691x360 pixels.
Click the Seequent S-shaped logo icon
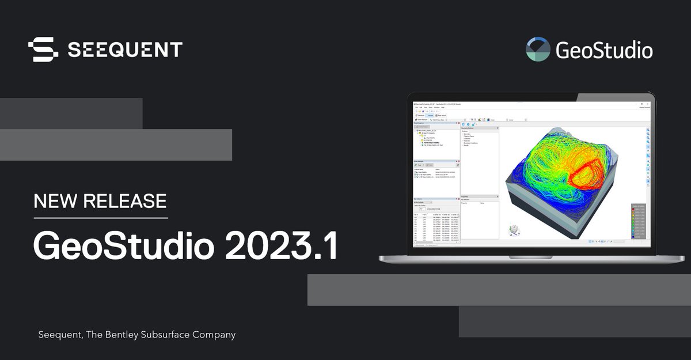[x=43, y=50]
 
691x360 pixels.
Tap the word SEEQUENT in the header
[x=125, y=50]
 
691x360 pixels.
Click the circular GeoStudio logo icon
[x=538, y=50]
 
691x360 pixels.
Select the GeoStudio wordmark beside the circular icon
[x=604, y=51]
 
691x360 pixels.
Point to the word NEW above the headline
[x=55, y=201]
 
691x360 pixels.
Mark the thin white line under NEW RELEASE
[x=101, y=218]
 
